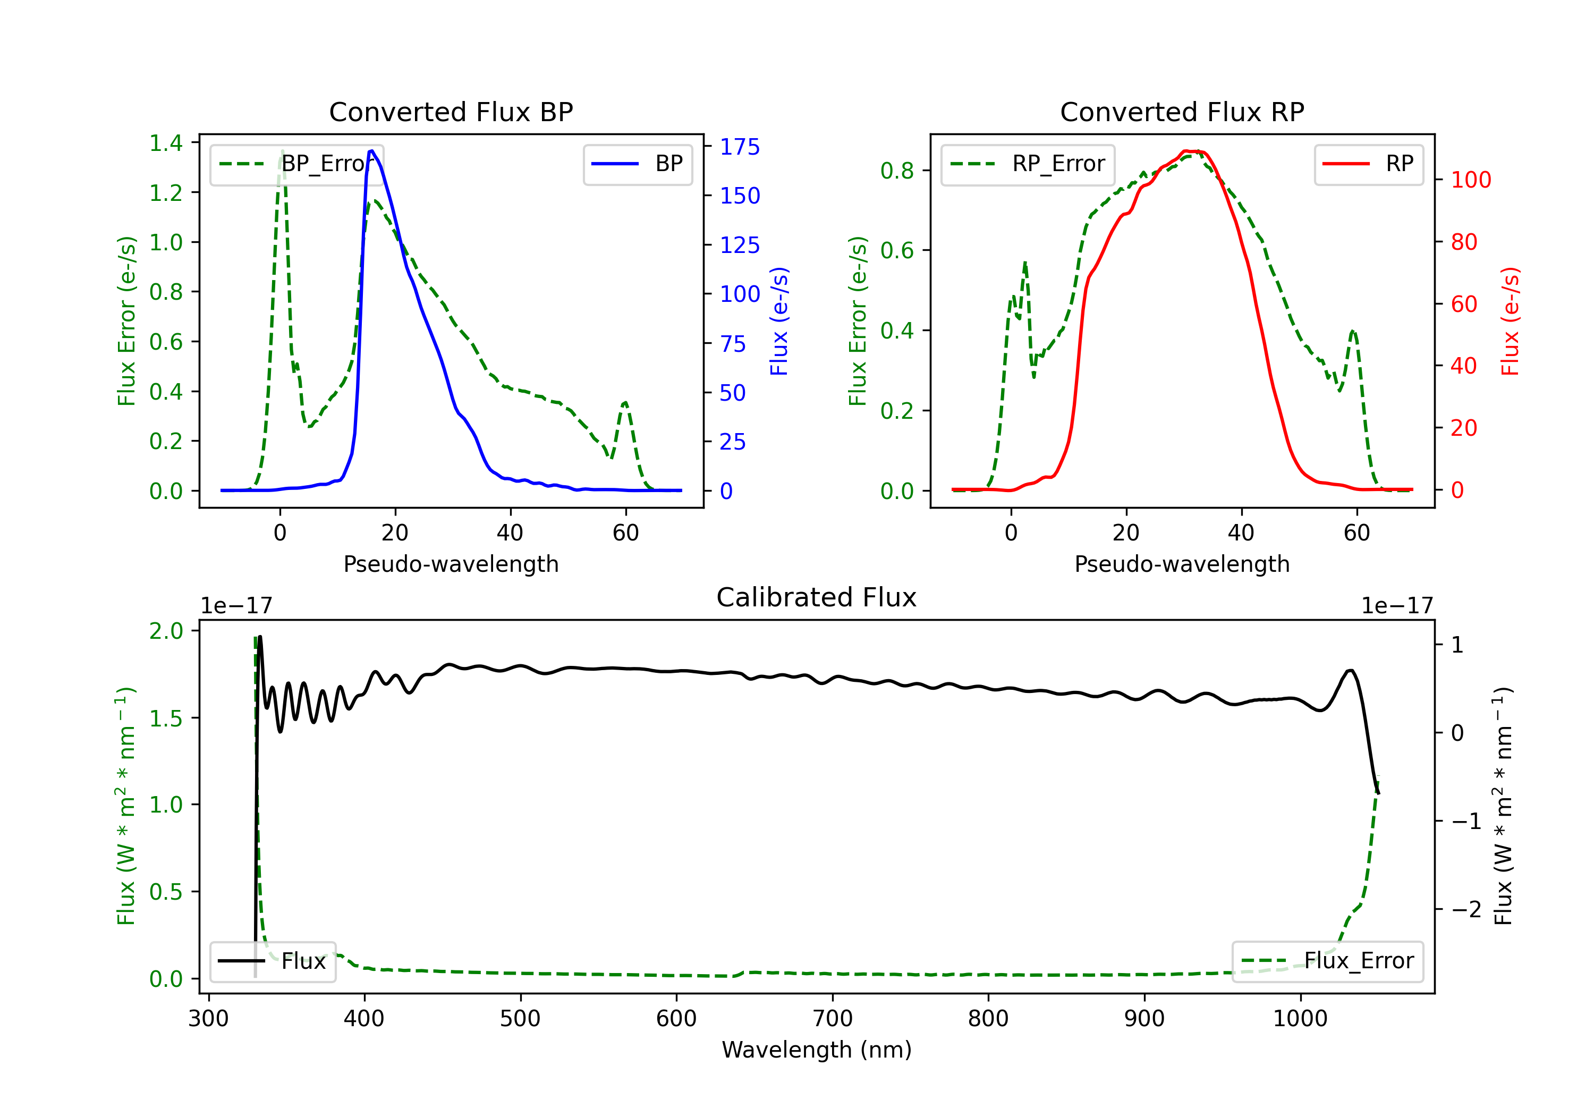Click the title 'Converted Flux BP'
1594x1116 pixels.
[x=451, y=112]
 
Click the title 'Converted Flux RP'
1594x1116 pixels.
[x=1182, y=112]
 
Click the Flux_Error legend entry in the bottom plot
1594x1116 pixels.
[x=1327, y=961]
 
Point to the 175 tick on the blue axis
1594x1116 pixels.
[x=740, y=147]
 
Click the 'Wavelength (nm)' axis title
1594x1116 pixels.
[x=817, y=1050]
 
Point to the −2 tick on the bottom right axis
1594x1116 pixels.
[x=1465, y=909]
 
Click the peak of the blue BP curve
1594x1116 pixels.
[x=372, y=151]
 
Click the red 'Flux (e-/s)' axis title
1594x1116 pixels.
[x=1510, y=321]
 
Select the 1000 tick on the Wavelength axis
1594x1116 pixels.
[x=1300, y=1019]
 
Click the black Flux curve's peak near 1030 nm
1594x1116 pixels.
[x=1350, y=670]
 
